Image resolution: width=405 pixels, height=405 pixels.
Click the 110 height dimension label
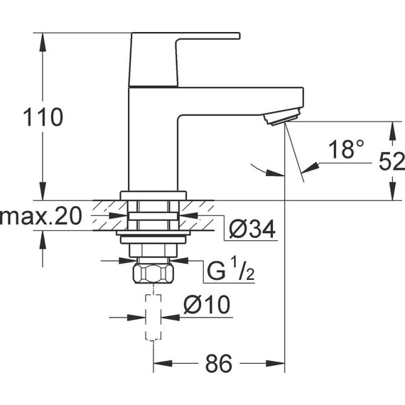(x=43, y=117)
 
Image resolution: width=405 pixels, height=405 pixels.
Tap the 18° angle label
(x=346, y=149)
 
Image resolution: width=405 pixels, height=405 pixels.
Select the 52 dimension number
(x=391, y=161)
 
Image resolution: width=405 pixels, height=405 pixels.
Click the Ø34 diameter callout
(x=252, y=229)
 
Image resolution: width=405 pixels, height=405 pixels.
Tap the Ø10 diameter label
(x=207, y=305)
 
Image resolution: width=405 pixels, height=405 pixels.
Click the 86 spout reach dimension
(x=219, y=363)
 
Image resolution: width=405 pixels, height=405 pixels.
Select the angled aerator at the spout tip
(x=282, y=117)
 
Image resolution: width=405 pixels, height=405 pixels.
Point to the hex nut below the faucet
(x=153, y=274)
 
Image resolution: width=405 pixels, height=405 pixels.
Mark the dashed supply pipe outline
(x=153, y=318)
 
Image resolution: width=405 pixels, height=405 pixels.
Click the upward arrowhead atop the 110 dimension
(x=43, y=42)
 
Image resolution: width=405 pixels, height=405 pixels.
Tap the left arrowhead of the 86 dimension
(x=163, y=363)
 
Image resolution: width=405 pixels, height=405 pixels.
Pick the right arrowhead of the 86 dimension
(x=276, y=363)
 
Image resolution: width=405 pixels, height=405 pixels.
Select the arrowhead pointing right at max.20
(x=118, y=215)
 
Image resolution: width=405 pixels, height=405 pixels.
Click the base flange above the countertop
(x=153, y=195)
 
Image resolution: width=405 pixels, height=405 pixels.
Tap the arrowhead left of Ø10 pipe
(x=136, y=318)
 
